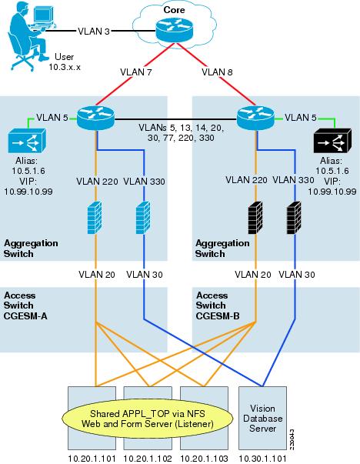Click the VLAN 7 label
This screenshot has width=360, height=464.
(137, 73)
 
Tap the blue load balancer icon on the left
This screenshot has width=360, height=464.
(27, 143)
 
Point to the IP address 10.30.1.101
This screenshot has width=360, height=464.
(262, 456)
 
